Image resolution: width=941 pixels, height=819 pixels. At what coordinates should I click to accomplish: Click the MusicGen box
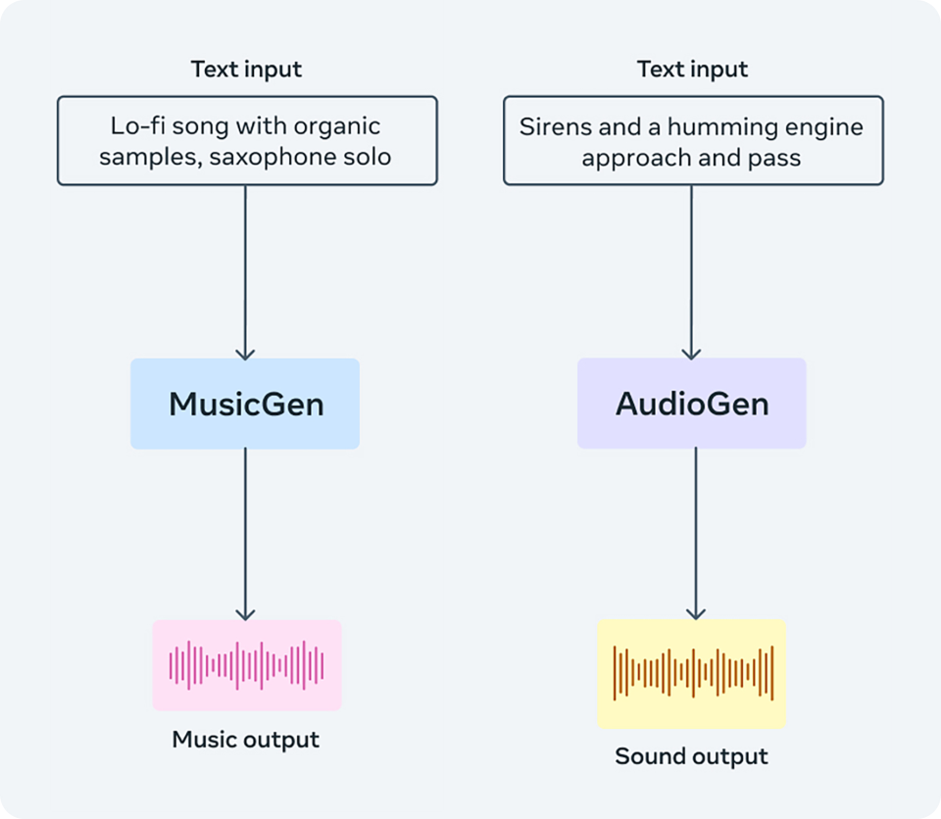(x=245, y=404)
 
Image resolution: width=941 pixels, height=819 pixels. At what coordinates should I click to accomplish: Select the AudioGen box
(x=691, y=404)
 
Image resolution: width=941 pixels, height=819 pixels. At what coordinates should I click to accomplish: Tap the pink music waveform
(x=246, y=665)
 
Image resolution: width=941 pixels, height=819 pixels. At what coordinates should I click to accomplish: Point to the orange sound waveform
(x=692, y=673)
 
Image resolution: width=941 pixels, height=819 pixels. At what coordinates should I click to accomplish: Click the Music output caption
(x=246, y=740)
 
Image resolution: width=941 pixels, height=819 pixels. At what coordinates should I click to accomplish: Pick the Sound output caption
(x=692, y=756)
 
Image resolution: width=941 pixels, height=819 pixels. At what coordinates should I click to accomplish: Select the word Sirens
(x=551, y=127)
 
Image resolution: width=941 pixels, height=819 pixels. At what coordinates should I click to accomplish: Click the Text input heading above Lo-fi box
(x=246, y=70)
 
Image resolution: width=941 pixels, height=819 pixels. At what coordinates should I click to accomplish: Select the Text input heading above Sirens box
(x=692, y=70)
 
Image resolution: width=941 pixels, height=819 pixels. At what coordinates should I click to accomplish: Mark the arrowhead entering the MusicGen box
(x=245, y=353)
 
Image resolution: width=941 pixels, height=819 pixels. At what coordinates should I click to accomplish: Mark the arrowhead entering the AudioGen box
(x=692, y=353)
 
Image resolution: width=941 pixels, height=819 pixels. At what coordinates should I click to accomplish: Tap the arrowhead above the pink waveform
(x=245, y=613)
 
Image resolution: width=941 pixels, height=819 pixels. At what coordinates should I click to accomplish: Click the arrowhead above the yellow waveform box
(x=695, y=613)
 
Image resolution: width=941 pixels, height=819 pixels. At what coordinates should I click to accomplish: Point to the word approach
(x=628, y=158)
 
